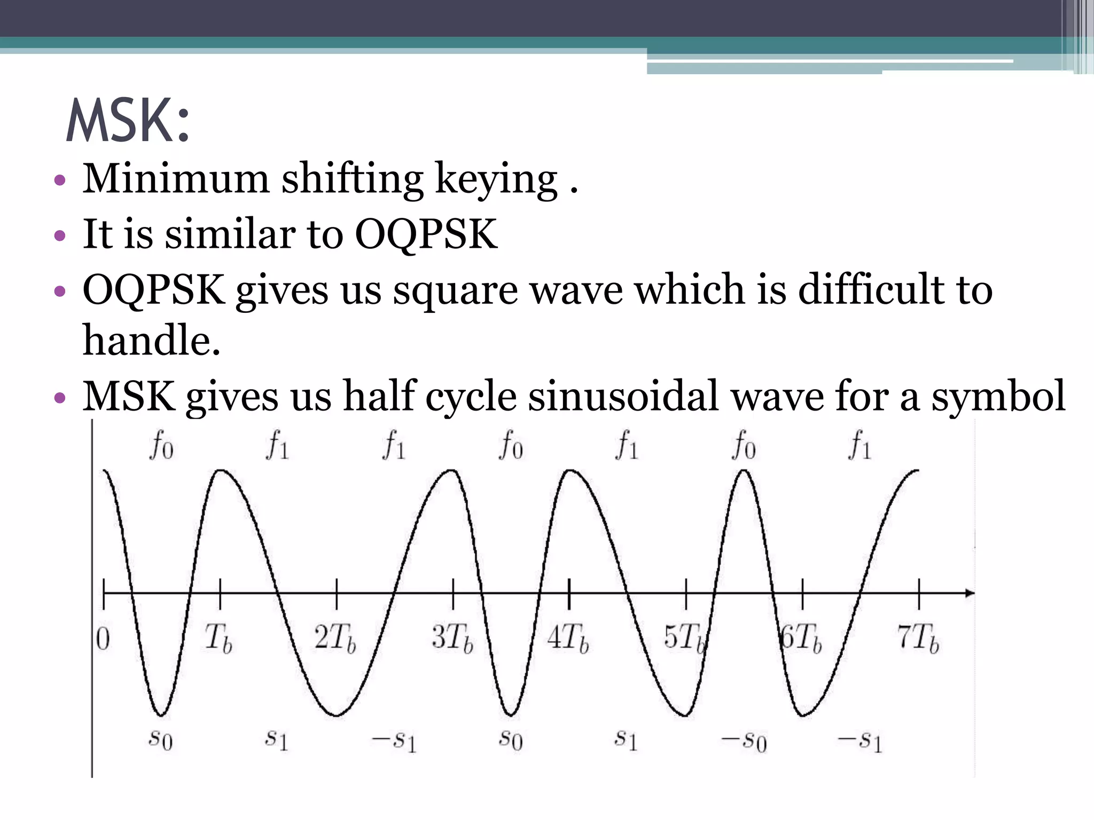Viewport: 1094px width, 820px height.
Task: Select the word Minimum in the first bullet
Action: [x=176, y=179]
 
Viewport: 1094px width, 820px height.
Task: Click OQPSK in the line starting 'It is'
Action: [x=426, y=235]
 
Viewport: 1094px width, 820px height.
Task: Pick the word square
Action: [x=455, y=291]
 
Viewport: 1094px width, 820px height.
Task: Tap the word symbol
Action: [x=998, y=398]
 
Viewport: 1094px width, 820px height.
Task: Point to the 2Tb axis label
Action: [x=335, y=638]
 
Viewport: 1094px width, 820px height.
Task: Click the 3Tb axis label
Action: [x=452, y=638]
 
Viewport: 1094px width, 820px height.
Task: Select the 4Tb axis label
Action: [x=568, y=638]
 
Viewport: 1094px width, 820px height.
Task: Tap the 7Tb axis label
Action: [x=918, y=638]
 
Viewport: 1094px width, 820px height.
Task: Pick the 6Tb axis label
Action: [x=801, y=638]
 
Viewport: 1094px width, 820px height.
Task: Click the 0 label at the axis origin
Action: [x=103, y=639]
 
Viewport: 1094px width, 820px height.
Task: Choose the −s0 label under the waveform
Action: [x=744, y=742]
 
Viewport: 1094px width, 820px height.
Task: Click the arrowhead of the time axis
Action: [x=970, y=593]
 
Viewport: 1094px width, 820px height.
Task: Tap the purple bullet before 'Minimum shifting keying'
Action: [x=60, y=180]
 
